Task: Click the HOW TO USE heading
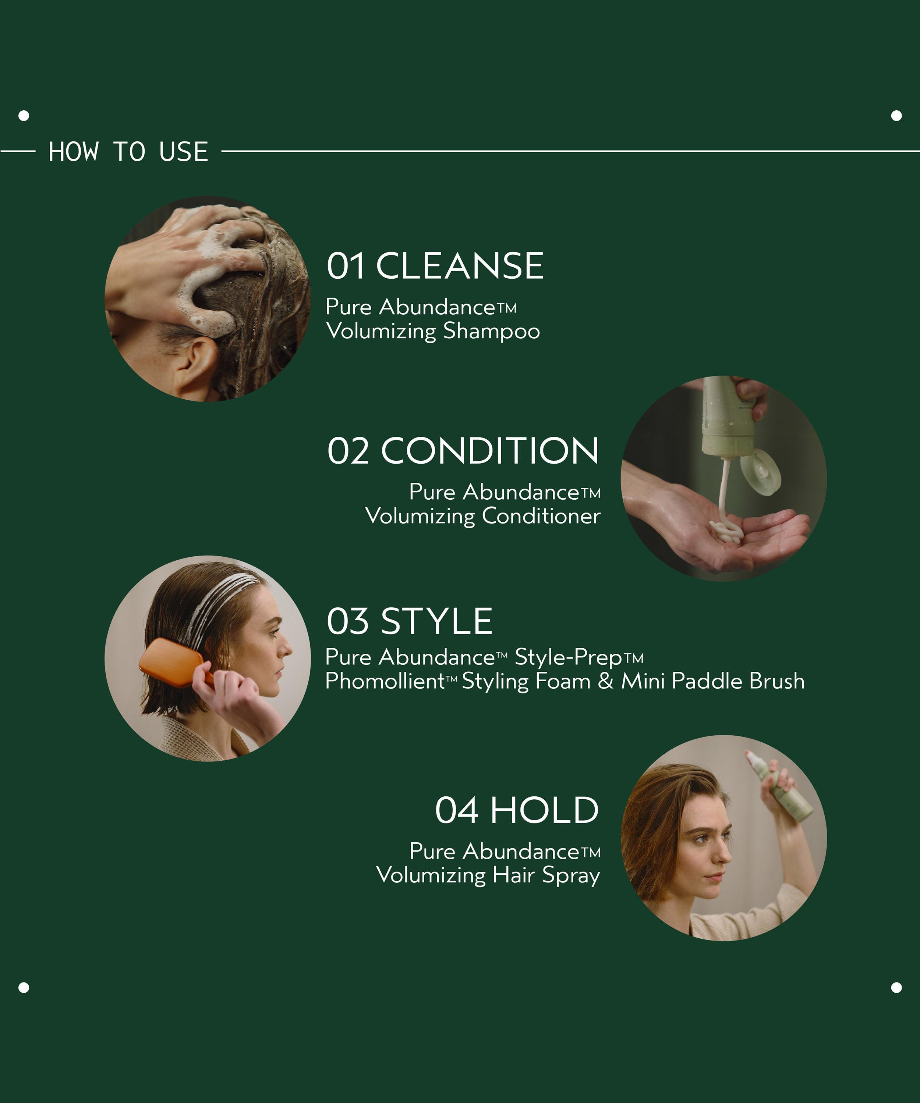coord(128,152)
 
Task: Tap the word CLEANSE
coord(460,266)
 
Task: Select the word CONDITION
coord(489,451)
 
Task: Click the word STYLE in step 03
coord(436,621)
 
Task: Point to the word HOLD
coord(544,810)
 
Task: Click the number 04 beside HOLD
coord(456,810)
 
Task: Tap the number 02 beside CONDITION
coord(348,451)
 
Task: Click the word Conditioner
coord(541,516)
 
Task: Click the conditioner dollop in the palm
coord(726,532)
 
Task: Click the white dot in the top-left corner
coord(24,115)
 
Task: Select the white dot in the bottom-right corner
coord(896,988)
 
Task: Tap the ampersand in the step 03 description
coord(606,681)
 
